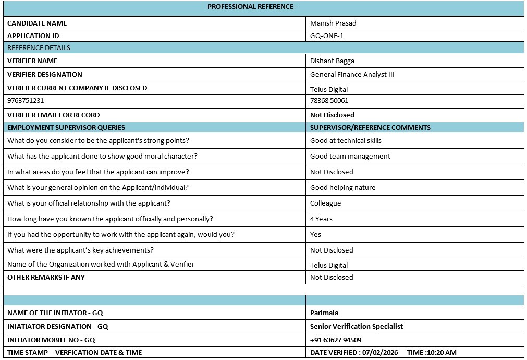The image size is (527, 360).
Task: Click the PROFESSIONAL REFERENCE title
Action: pyautogui.click(x=252, y=7)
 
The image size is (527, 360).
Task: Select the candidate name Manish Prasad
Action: pyautogui.click(x=333, y=23)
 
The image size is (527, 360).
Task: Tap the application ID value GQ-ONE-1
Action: pyautogui.click(x=327, y=35)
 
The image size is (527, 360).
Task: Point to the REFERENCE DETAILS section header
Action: pyautogui.click(x=39, y=47)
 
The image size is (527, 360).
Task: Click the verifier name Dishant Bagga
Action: pyautogui.click(x=332, y=61)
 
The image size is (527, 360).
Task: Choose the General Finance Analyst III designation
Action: pyautogui.click(x=352, y=74)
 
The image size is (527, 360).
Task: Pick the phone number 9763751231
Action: pyautogui.click(x=26, y=100)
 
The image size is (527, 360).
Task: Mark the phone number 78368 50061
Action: pyautogui.click(x=329, y=100)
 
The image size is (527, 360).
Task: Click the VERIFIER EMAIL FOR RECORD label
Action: pyautogui.click(x=53, y=115)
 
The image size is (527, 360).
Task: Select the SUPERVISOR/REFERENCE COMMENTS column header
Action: pyautogui.click(x=370, y=127)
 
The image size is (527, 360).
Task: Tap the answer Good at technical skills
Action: pyautogui.click(x=346, y=140)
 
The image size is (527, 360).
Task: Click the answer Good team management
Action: pyautogui.click(x=350, y=156)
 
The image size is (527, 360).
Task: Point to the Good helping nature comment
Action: pyautogui.click(x=342, y=187)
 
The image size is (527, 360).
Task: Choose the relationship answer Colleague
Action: pyautogui.click(x=325, y=203)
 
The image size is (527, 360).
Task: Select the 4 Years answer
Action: pyautogui.click(x=321, y=219)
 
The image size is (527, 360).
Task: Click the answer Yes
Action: pyautogui.click(x=315, y=234)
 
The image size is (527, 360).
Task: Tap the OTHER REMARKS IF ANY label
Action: pyautogui.click(x=46, y=277)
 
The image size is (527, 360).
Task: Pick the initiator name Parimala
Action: pyautogui.click(x=324, y=313)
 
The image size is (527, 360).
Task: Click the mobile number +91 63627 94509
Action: pyautogui.click(x=336, y=340)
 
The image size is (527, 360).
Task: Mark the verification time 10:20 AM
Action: pyautogui.click(x=442, y=352)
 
